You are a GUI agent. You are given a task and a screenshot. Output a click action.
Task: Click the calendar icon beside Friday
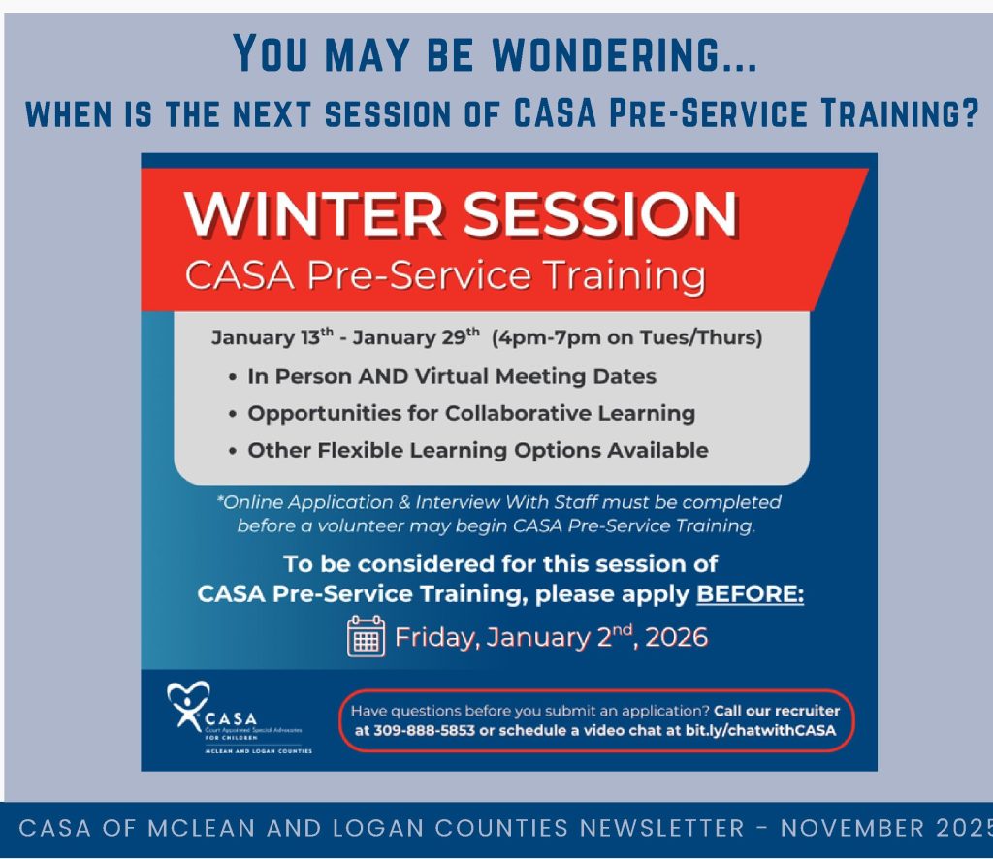(367, 637)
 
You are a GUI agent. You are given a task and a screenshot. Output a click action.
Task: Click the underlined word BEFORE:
(751, 594)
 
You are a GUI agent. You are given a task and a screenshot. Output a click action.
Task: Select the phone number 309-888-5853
(426, 730)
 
